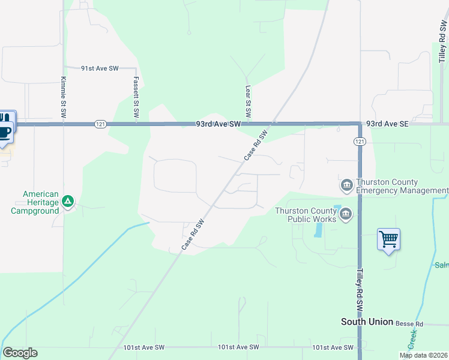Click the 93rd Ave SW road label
click(x=218, y=124)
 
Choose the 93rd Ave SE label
click(x=387, y=124)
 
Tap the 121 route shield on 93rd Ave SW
click(x=100, y=124)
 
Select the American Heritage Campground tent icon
click(x=68, y=200)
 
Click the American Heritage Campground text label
click(x=35, y=202)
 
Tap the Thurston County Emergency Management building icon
click(x=346, y=185)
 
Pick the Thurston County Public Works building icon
click(x=345, y=215)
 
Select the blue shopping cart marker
click(x=388, y=239)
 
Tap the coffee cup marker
click(x=5, y=130)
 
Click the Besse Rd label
click(x=409, y=323)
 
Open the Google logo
click(x=20, y=353)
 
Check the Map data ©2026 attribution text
click(x=423, y=355)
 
